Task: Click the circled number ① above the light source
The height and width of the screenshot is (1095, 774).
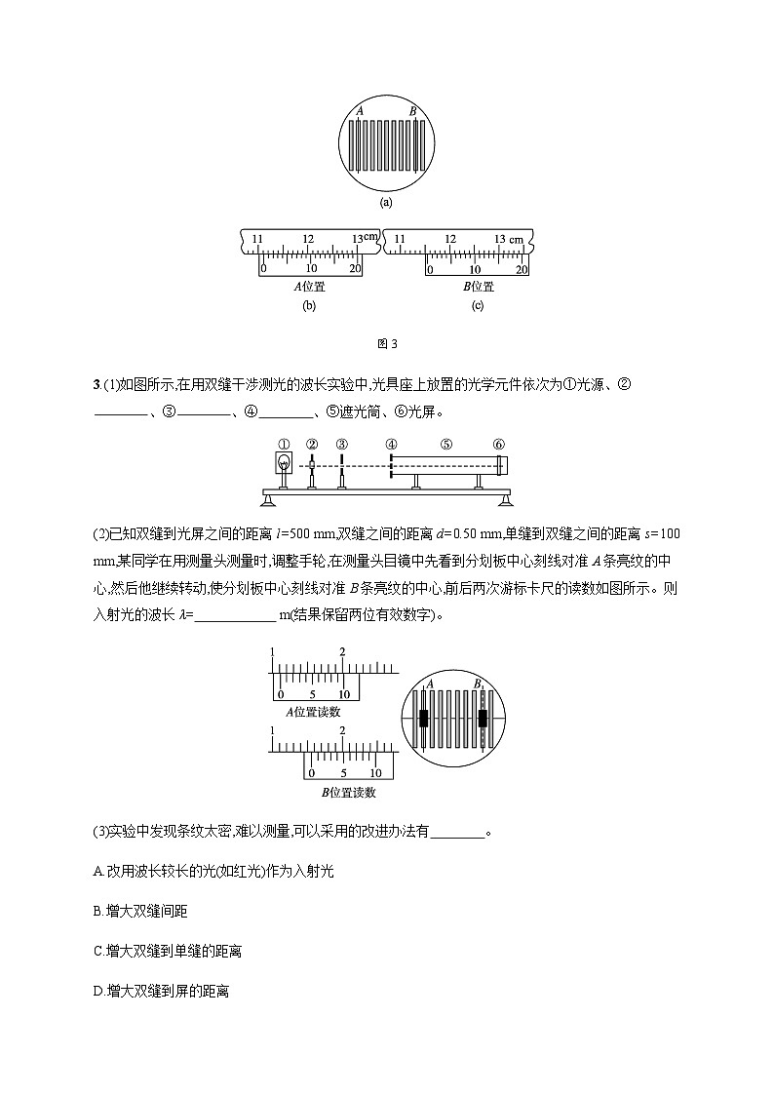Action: coord(284,445)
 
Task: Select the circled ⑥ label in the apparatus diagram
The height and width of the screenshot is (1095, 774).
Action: coord(499,445)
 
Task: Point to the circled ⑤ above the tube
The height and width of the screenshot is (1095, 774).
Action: coord(445,445)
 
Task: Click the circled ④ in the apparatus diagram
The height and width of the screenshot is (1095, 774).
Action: coord(391,445)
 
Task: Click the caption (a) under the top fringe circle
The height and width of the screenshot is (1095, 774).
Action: coord(386,203)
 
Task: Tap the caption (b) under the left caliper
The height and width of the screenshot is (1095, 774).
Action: coord(310,305)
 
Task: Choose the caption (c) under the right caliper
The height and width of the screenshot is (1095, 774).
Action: coord(478,305)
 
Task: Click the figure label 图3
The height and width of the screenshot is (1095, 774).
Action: coord(387,343)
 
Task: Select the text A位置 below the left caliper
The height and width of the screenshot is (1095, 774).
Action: coord(310,287)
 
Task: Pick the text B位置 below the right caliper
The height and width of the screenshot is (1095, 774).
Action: coord(478,287)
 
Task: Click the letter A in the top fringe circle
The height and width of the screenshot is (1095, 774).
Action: coord(360,112)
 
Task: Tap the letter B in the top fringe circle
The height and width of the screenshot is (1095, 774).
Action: coord(413,112)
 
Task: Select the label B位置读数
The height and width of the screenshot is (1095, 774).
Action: coord(345,791)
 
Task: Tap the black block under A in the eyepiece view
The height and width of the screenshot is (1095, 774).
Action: coord(425,719)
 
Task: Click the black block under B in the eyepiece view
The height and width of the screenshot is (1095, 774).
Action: coord(482,719)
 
